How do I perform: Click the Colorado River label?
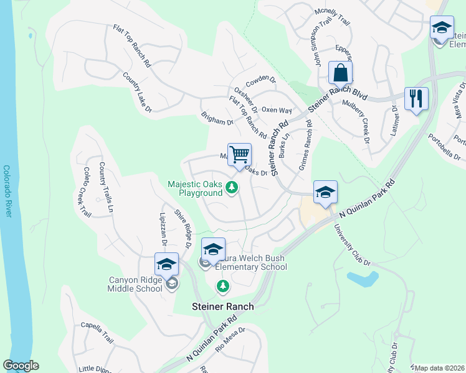pyautogui.click(x=7, y=191)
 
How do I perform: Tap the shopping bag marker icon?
pyautogui.click(x=341, y=73)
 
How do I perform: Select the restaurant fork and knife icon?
pyautogui.click(x=416, y=98)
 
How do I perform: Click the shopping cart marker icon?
pyautogui.click(x=240, y=154)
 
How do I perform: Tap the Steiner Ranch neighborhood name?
pyautogui.click(x=222, y=306)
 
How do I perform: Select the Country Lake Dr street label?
pyautogui.click(x=136, y=93)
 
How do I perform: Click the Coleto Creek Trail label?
pyautogui.click(x=87, y=193)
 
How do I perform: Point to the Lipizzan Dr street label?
pyautogui.click(x=159, y=221)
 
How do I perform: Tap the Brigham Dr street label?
pyautogui.click(x=217, y=119)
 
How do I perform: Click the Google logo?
pyautogui.click(x=21, y=366)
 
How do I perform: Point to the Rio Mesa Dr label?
pyautogui.click(x=231, y=341)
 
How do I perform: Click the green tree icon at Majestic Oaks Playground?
pyautogui.click(x=232, y=187)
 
